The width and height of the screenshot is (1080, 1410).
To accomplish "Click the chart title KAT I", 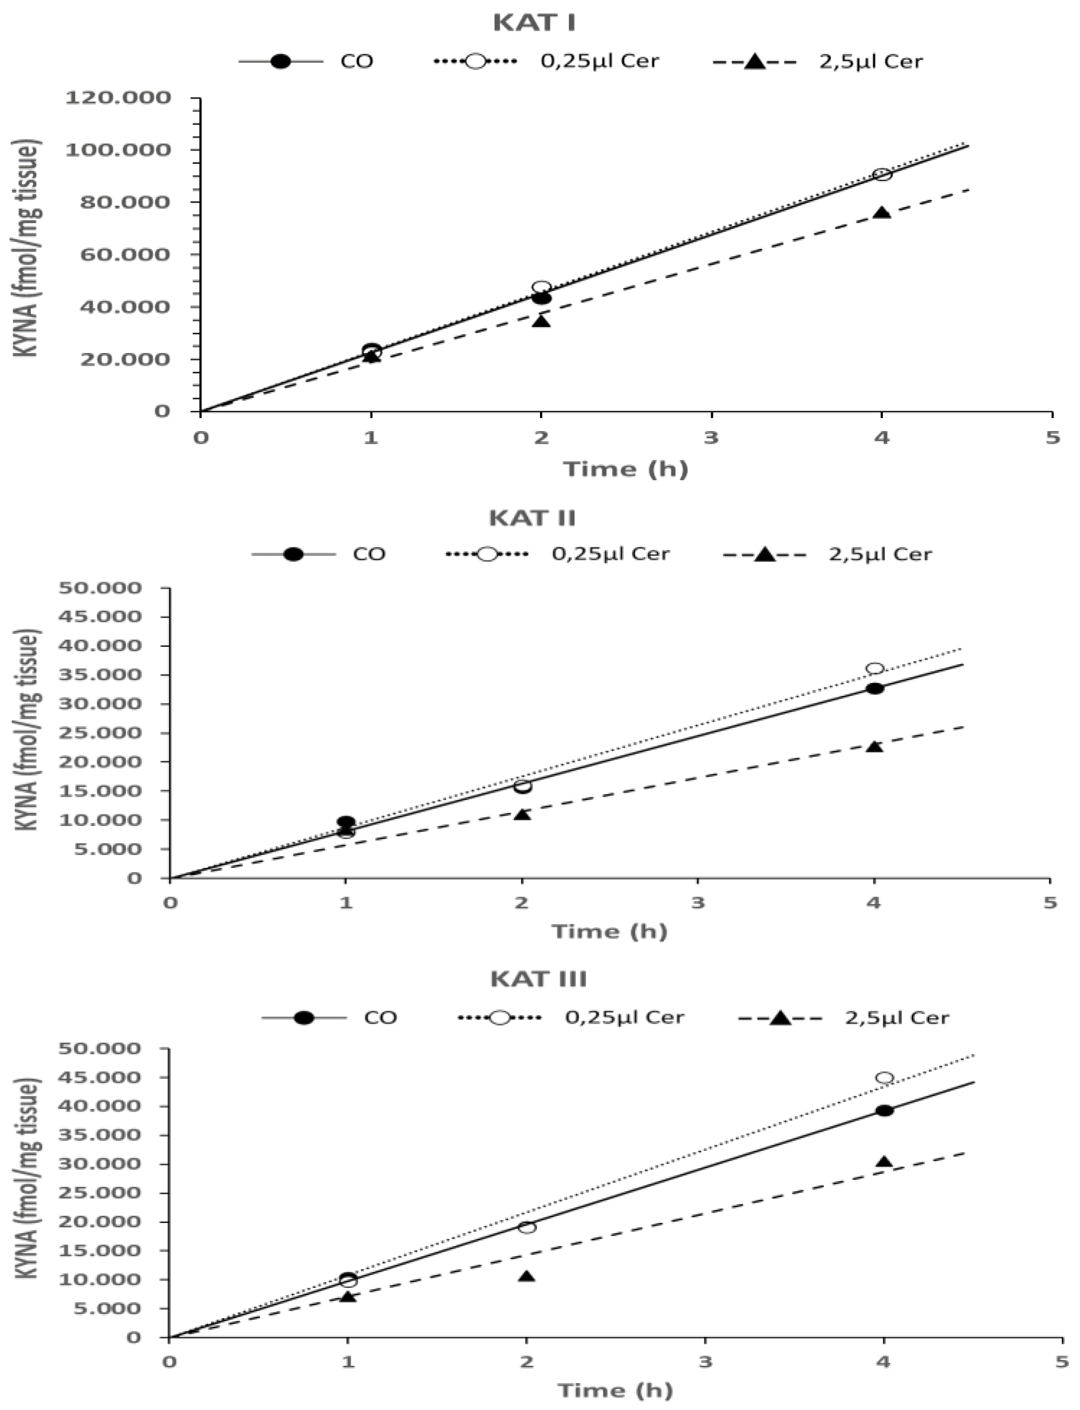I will tap(534, 23).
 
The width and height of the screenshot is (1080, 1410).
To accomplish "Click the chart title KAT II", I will tap(532, 518).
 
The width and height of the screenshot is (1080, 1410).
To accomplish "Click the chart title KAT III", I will tap(538, 978).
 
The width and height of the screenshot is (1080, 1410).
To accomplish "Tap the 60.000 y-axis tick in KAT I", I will tap(125, 255).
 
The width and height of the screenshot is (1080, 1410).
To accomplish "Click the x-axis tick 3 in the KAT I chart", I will tap(711, 438).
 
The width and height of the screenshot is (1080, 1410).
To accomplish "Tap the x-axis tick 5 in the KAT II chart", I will tap(1050, 903).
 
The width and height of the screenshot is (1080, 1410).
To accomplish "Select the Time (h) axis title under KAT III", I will tap(615, 1391).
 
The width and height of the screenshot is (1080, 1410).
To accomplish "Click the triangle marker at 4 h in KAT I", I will tap(882, 213).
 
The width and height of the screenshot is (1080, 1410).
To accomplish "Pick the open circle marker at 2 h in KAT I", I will tap(541, 287).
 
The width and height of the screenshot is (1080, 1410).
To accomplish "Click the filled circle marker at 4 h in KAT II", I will tap(875, 688).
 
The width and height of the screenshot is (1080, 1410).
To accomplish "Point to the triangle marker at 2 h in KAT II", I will tap(522, 814).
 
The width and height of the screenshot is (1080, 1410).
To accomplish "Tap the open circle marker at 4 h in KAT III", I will tap(884, 1077).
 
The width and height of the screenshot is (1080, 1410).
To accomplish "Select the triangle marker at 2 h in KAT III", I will tap(527, 1275).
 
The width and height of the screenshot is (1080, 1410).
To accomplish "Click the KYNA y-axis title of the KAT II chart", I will tap(28, 730).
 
